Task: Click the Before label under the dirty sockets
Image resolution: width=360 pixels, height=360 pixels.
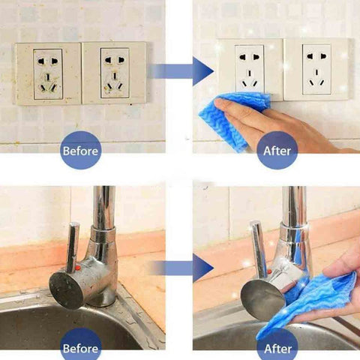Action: (x=80, y=151)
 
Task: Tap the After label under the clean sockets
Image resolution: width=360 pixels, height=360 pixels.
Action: (x=277, y=151)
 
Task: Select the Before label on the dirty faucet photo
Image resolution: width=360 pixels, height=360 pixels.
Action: (x=80, y=349)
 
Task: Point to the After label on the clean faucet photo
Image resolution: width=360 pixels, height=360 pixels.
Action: (x=277, y=349)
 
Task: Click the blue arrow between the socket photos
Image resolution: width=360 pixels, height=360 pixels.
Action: (x=182, y=71)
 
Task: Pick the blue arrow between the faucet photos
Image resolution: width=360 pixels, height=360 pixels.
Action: (x=182, y=268)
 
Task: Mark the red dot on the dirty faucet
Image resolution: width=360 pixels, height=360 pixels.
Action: (x=77, y=268)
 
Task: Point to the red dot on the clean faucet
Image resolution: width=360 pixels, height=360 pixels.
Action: (x=269, y=271)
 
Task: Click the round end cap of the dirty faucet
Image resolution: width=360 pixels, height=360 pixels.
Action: (x=65, y=291)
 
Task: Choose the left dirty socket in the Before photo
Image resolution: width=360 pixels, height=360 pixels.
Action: (x=48, y=74)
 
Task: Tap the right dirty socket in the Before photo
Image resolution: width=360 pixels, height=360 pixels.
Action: (x=115, y=73)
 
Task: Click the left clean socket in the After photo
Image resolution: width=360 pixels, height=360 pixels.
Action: (x=250, y=70)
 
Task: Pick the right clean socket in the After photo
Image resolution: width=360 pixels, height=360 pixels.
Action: (x=316, y=69)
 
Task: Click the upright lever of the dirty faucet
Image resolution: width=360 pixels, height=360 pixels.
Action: (x=73, y=244)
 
